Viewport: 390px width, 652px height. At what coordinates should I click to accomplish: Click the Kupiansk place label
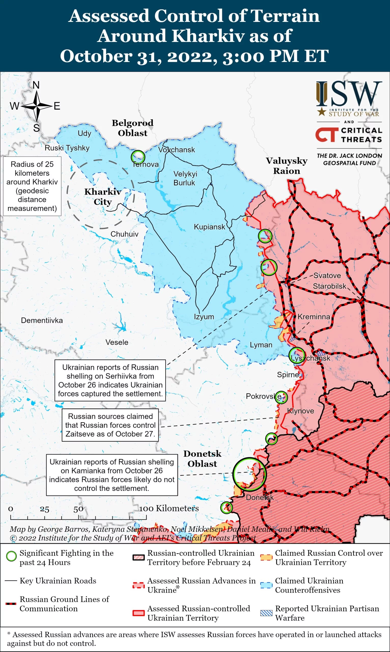(x=209, y=227)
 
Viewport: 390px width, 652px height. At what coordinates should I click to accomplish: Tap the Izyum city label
(x=204, y=317)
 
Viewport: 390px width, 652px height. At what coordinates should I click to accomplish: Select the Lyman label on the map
(x=261, y=345)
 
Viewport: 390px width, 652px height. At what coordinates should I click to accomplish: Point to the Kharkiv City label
(x=103, y=197)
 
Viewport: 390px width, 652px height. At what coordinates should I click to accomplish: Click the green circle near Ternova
(x=138, y=157)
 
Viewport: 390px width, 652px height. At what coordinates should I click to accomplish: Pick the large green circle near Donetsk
(x=249, y=474)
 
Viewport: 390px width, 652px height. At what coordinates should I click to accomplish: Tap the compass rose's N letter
(x=36, y=85)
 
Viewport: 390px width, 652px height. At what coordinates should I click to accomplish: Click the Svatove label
(x=327, y=276)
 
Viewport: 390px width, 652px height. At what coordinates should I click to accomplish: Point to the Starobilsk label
(x=330, y=286)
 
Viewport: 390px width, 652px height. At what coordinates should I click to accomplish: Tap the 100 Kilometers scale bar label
(x=169, y=508)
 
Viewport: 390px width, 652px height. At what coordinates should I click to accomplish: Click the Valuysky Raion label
(x=286, y=166)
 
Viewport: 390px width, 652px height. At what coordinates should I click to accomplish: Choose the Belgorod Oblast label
(x=132, y=128)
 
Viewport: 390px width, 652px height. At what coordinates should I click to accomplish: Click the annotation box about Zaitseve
(x=110, y=425)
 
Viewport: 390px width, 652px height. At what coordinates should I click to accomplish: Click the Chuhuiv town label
(x=124, y=234)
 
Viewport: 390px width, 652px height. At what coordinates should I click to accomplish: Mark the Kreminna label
(x=314, y=317)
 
